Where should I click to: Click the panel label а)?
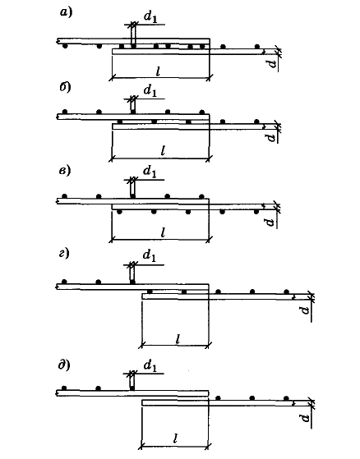66,12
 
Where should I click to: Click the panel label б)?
66,88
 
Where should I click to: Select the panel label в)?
65,170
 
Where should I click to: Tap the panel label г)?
64,253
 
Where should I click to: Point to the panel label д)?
64,365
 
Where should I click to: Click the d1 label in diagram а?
150,17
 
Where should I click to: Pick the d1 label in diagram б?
150,91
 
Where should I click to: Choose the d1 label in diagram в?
150,172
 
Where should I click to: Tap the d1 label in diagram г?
150,256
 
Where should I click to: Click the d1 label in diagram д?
150,366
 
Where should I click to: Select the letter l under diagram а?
159,71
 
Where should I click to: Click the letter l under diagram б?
164,151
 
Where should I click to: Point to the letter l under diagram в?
164,232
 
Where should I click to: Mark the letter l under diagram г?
178,339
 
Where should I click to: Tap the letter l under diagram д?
176,438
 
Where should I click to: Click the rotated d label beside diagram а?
273,63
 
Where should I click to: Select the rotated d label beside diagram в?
270,223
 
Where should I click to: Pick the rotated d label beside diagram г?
305,310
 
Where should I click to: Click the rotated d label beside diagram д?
305,417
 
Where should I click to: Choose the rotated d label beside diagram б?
272,137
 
